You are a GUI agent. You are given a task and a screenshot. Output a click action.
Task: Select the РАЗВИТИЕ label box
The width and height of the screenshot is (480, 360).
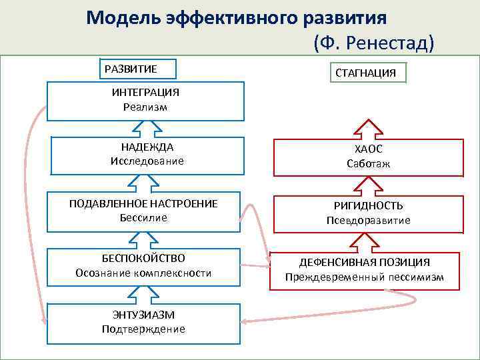pyautogui.click(x=136, y=69)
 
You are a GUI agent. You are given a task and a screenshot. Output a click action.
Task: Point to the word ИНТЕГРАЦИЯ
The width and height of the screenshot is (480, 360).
pyautogui.click(x=145, y=93)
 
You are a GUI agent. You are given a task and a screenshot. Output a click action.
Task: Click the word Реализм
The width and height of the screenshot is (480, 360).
pyautogui.click(x=145, y=107)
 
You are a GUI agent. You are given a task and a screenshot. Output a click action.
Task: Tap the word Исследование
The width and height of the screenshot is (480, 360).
pyautogui.click(x=147, y=161)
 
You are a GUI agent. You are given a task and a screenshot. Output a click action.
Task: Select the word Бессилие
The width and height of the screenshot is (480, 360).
pyautogui.click(x=143, y=217)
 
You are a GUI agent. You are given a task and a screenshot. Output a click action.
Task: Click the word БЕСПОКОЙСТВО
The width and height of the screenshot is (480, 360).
pyautogui.click(x=143, y=258)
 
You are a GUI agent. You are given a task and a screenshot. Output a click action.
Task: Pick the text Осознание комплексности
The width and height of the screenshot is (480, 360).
pyautogui.click(x=143, y=273)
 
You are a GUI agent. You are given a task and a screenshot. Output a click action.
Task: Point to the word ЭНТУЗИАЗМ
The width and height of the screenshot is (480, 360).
pyautogui.click(x=143, y=315)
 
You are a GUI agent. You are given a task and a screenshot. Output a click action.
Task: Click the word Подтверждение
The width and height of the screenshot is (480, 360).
pyautogui.click(x=143, y=329)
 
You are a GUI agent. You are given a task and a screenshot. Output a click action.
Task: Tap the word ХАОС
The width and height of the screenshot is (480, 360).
pyautogui.click(x=368, y=150)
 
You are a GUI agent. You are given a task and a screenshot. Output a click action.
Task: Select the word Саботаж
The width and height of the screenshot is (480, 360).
pyautogui.click(x=368, y=163)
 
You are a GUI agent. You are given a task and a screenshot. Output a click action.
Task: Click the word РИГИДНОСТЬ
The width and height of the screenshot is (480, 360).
pyautogui.click(x=368, y=206)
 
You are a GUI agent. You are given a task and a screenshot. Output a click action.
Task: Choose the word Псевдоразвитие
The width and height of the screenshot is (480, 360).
pyautogui.click(x=368, y=220)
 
